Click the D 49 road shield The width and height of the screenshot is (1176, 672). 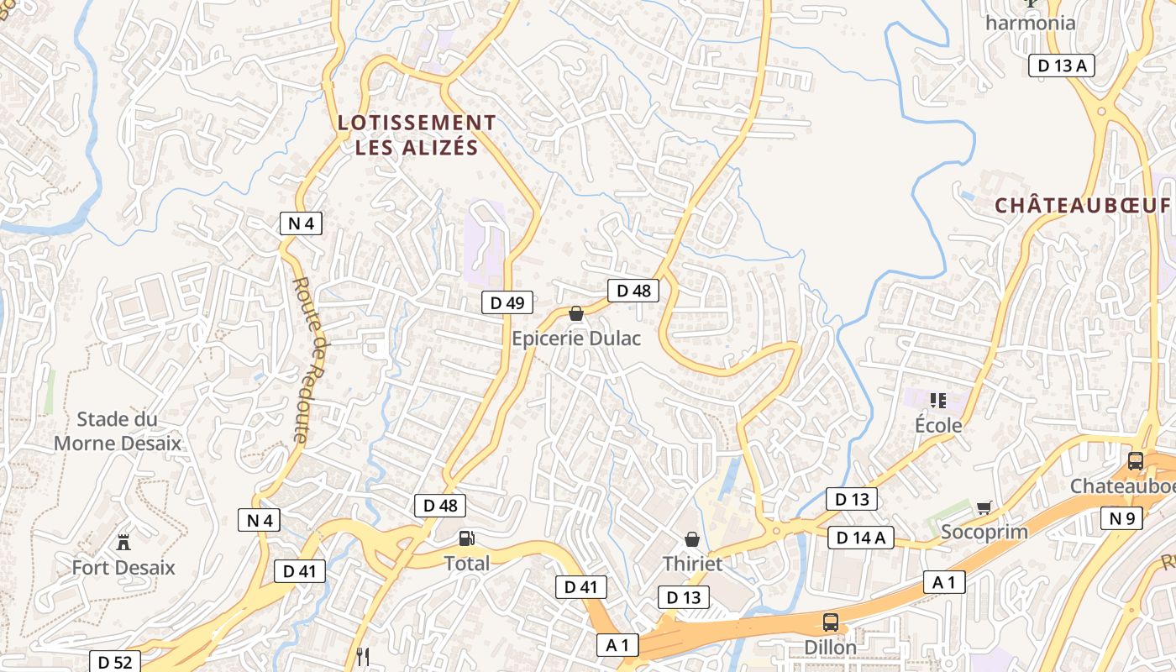(x=507, y=302)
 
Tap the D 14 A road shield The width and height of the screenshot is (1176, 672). (x=861, y=538)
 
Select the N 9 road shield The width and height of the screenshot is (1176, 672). (x=1121, y=518)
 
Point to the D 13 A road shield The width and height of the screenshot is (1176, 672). (x=1062, y=66)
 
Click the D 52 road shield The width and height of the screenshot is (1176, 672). (x=114, y=662)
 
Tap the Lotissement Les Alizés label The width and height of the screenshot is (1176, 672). (x=417, y=135)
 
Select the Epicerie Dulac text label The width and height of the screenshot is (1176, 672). (x=576, y=339)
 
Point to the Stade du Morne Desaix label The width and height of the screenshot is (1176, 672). (x=118, y=431)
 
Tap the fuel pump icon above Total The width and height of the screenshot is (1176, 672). (x=466, y=538)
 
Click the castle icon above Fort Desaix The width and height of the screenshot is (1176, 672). (x=123, y=542)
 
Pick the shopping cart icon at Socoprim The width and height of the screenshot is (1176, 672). (x=984, y=507)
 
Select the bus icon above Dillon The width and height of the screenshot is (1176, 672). (x=830, y=622)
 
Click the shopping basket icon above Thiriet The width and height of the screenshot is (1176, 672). (x=692, y=539)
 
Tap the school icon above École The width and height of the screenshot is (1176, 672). (x=938, y=401)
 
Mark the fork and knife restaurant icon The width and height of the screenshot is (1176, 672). (x=363, y=657)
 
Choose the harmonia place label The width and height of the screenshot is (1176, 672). (x=1030, y=23)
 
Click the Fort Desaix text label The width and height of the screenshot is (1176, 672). (x=123, y=567)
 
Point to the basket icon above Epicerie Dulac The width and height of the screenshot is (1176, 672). (x=576, y=314)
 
